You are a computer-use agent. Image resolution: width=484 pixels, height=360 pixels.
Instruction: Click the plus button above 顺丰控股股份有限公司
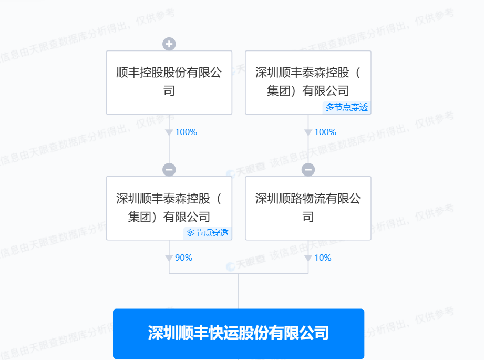coord(169,44)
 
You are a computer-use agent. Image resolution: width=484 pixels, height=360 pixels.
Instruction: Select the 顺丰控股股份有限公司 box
coord(169,82)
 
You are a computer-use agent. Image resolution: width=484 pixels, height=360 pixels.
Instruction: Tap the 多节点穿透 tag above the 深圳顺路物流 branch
coord(347,107)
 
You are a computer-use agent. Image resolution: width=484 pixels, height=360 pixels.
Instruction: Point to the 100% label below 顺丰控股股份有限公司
coord(186,132)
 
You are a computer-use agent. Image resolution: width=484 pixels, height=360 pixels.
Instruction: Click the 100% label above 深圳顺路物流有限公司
coord(325,132)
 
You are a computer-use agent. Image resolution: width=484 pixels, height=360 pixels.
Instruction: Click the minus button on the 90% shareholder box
coord(169,170)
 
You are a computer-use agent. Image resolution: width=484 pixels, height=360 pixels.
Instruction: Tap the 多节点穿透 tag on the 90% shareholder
coord(208,233)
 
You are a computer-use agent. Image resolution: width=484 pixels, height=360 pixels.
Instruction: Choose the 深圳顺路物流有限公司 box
coord(308,208)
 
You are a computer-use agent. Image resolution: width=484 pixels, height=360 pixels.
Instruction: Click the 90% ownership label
coord(184,258)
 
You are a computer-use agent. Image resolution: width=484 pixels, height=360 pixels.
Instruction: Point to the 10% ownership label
coord(323,258)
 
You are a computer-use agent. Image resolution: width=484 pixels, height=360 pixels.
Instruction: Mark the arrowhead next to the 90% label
coord(169,258)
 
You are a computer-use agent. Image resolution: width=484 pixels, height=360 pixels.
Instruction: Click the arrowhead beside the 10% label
coord(308,258)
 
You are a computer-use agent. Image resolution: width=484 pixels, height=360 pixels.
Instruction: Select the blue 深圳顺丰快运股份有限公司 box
coord(239,333)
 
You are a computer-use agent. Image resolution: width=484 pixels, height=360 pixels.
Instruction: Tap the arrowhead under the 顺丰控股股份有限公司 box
coord(169,132)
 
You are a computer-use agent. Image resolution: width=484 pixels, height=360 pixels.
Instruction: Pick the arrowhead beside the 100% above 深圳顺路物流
coord(308,132)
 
